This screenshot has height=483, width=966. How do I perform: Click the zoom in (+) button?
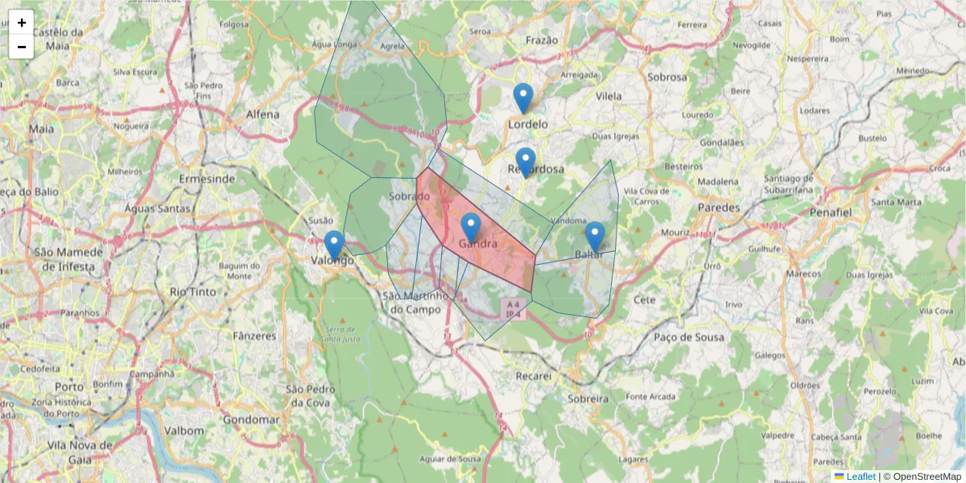click(x=22, y=23)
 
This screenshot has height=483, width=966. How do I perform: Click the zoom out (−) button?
click(x=22, y=47)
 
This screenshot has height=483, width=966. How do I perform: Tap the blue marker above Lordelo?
click(x=523, y=98)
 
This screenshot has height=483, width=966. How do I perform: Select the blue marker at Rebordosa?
click(x=526, y=163)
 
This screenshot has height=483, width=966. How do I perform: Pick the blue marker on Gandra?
click(x=471, y=228)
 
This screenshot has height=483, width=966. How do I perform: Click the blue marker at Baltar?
click(x=595, y=237)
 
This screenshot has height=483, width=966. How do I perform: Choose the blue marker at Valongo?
click(x=333, y=246)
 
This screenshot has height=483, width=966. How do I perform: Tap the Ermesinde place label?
click(x=208, y=178)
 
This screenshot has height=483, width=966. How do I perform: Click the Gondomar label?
click(x=251, y=419)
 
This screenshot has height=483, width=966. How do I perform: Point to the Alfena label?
click(x=262, y=114)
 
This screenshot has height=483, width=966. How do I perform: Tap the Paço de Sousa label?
click(x=688, y=336)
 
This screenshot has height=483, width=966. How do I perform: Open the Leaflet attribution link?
click(x=860, y=477)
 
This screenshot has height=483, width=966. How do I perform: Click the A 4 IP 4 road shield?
click(x=513, y=308)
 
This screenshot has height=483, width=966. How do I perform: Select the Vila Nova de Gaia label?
click(x=79, y=452)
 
